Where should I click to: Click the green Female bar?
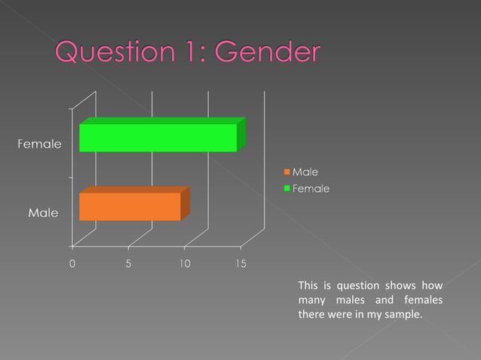pos(158,137)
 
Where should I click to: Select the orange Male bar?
pos(130,206)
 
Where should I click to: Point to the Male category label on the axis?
pos(43,213)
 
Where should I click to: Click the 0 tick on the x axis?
pos(72,264)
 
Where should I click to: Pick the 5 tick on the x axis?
pos(128,264)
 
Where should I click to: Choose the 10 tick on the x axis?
pos(184,264)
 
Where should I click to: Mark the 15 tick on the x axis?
pos(240,264)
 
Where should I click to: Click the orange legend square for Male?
pos(286,173)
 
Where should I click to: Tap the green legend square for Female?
pos(286,188)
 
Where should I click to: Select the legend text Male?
pos(305,173)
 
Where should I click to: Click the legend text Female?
pos(311,188)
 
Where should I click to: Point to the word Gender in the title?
pos(268,53)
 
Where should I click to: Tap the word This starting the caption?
pos(308,285)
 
